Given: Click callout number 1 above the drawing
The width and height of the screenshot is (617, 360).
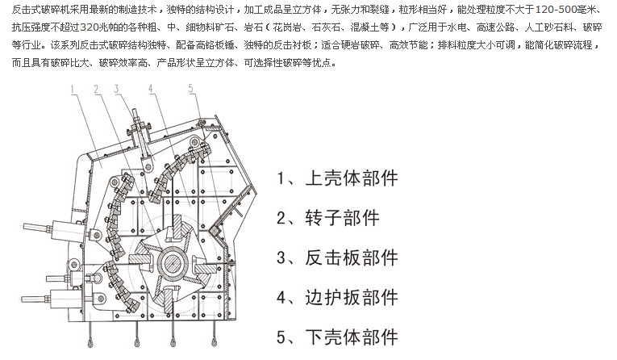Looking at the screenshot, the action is (73, 90).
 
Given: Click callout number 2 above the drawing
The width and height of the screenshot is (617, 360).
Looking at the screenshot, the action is (97, 90).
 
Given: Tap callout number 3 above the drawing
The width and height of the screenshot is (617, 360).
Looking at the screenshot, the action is (116, 89).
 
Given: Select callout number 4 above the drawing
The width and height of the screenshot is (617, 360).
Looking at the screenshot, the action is (151, 89).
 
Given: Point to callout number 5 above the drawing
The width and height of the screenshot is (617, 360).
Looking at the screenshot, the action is (191, 88).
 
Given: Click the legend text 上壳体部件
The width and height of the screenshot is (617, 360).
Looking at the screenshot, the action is (352, 178).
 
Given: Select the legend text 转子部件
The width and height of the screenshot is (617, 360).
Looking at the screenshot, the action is (342, 218).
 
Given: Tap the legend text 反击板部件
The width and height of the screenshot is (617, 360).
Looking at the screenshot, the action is (352, 257).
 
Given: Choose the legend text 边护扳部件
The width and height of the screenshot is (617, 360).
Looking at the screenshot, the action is (352, 297).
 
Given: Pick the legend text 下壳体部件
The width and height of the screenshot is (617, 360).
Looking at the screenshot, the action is (352, 337).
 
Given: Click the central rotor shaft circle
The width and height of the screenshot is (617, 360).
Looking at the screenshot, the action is (173, 262).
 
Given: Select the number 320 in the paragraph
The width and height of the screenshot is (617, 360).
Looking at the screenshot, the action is (89, 27).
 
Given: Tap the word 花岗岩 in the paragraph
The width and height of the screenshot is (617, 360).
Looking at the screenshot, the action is (288, 27).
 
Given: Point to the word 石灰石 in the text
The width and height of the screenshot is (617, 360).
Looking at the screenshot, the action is (326, 27).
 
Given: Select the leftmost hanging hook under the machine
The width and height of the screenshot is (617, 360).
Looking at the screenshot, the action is (90, 335).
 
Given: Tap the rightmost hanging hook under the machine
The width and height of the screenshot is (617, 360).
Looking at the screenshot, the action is (214, 334).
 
